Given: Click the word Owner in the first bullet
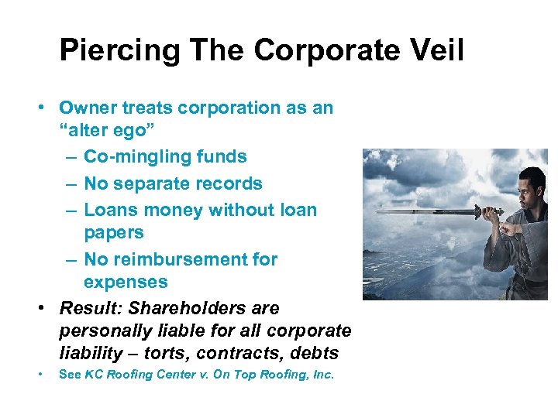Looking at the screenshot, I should [x=87, y=108].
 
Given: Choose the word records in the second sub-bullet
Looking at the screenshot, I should [x=227, y=183].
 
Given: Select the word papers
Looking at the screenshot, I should [x=114, y=233].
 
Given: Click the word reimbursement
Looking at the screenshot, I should [x=181, y=259].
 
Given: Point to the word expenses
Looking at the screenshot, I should [x=126, y=282].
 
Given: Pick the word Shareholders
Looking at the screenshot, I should [x=194, y=308].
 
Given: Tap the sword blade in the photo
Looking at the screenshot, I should [x=434, y=211].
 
